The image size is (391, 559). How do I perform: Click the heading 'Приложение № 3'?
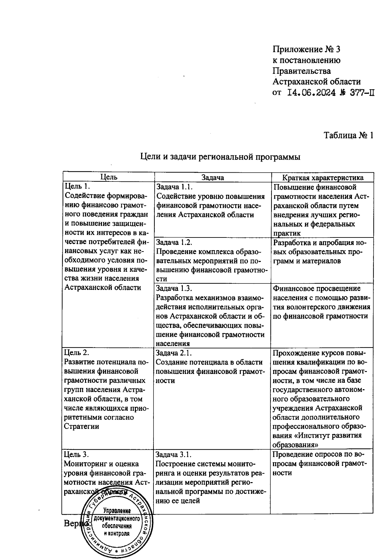point(306,50)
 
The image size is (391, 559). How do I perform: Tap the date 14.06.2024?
point(311,93)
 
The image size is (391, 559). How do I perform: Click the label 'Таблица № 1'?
point(348,136)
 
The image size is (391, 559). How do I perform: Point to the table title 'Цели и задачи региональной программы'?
point(220,157)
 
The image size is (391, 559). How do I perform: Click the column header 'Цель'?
point(109,177)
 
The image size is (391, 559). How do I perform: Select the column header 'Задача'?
point(212,178)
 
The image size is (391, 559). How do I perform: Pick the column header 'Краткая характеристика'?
point(323,178)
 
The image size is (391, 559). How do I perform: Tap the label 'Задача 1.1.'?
point(175,187)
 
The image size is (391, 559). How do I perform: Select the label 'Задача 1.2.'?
point(175,242)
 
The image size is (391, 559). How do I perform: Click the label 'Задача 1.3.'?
point(175,288)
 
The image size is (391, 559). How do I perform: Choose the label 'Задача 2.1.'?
point(174,353)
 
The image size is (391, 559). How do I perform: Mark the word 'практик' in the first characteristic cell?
point(287,233)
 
